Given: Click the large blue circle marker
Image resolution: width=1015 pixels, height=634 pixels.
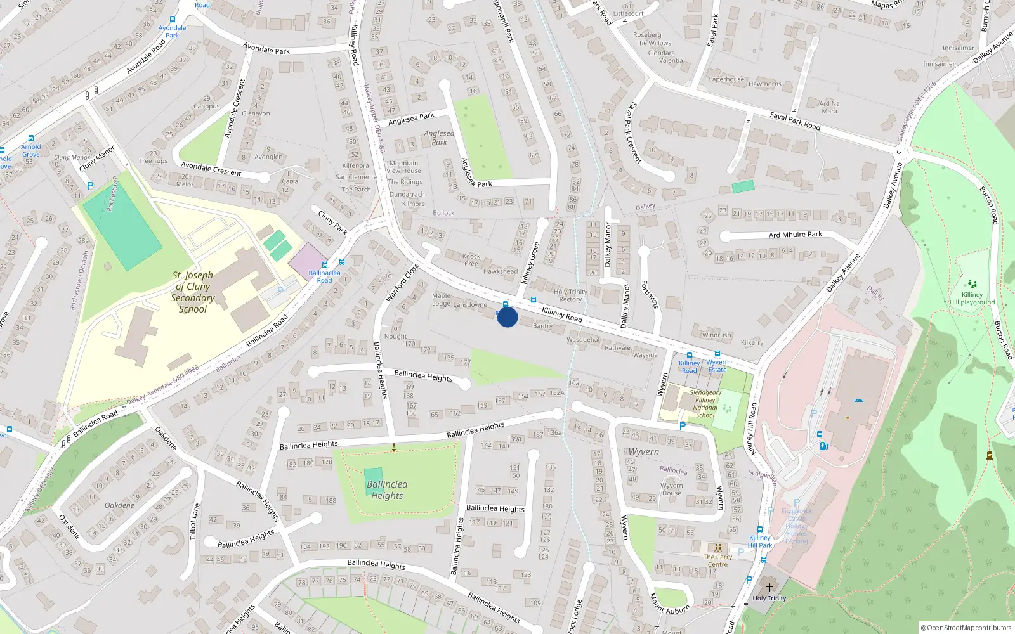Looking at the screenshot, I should coord(507,316).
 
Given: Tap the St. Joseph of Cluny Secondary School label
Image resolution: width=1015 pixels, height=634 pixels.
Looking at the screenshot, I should coord(193,292).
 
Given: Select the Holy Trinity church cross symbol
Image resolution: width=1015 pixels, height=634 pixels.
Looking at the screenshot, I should coord(769,588).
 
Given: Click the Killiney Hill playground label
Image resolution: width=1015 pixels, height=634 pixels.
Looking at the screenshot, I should coord(972,298).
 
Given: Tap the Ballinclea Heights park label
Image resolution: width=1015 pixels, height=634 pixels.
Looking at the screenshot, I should coord(387,489).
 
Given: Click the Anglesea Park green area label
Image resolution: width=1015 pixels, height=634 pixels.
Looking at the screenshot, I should coord(439,138).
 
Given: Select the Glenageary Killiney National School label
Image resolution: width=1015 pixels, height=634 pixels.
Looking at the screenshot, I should coord(705,404).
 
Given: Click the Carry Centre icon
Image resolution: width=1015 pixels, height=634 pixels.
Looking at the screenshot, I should coord(717,548).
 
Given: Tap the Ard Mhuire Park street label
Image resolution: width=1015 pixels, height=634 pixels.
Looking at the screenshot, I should coord(795,235).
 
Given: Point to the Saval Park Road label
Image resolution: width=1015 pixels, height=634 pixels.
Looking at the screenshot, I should coord(795,120).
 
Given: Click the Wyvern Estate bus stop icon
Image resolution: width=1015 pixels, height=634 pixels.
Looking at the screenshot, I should coord(717,354).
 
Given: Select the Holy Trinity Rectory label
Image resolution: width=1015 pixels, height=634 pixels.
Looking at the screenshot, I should coord(570,295).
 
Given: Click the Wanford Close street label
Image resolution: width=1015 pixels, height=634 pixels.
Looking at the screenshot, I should coord(402,282).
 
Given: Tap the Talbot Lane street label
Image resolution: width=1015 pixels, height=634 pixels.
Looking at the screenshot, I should coord(195,521).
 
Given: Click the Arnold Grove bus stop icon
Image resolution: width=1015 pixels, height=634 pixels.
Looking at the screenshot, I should coord(31,138).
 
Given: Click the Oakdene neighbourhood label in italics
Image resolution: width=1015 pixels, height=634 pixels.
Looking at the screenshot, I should coord(119,505).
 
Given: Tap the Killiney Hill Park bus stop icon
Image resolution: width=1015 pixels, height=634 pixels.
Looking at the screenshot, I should coord(759,529).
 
